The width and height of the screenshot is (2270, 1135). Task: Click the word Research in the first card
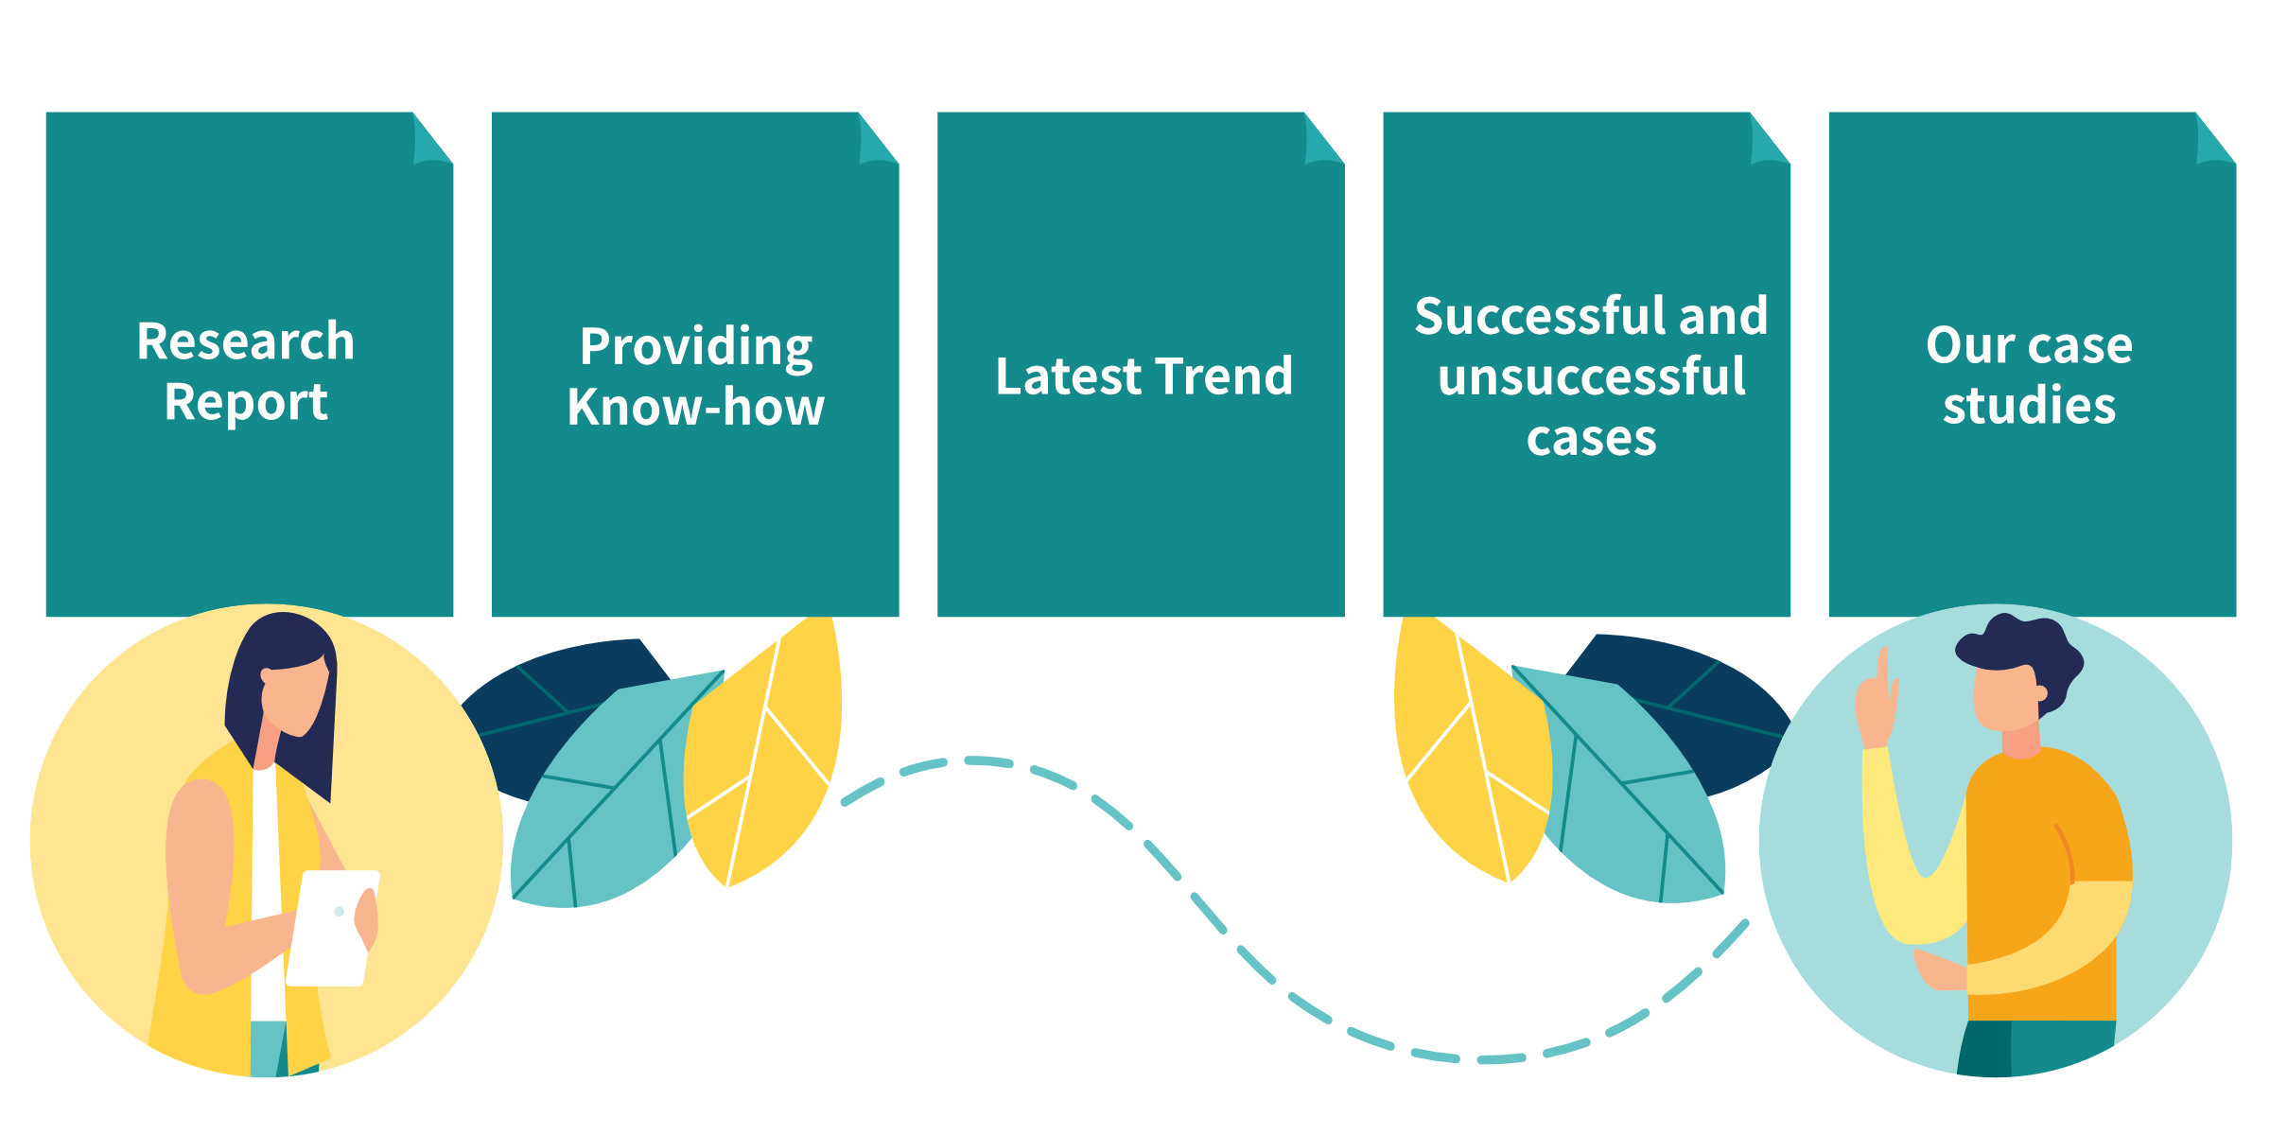(246, 341)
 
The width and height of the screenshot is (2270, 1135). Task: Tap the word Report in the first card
(246, 403)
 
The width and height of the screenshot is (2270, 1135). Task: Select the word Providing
(696, 348)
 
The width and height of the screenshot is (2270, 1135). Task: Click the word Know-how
(696, 408)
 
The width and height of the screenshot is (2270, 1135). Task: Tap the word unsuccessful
(1592, 376)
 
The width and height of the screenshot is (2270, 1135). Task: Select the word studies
(2030, 406)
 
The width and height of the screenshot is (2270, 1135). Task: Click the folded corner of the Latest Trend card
(1323, 139)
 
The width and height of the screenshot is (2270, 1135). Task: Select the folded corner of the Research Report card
(432, 139)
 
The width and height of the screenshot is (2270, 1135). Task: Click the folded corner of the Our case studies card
(2215, 139)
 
